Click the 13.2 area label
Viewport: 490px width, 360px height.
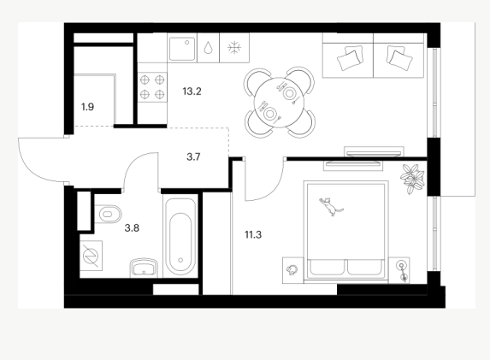192,91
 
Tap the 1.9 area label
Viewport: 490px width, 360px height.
87,107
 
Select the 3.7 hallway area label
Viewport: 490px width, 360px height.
193,156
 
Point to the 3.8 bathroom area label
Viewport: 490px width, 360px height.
132,228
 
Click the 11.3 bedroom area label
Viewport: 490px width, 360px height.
253,234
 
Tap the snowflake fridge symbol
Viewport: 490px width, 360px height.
234,48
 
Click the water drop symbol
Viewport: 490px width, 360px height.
208,48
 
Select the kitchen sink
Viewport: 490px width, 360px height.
182,49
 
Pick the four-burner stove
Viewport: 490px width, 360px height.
152,87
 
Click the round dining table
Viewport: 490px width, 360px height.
279,103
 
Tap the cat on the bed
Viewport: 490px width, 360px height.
331,205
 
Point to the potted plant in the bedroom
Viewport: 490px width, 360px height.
412,179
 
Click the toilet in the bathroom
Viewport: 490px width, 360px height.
108,214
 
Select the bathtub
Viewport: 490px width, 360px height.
180,238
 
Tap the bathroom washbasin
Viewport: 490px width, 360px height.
144,268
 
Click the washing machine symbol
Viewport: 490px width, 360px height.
91,256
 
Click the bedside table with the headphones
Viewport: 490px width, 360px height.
292,270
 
